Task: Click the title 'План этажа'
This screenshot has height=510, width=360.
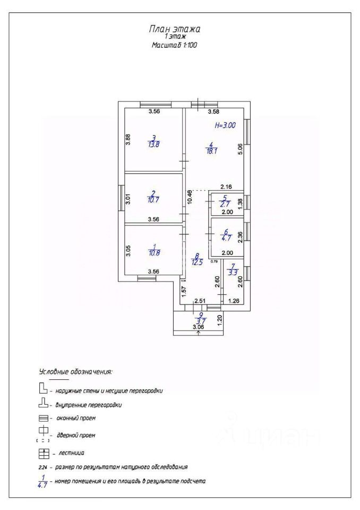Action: coord(175,29)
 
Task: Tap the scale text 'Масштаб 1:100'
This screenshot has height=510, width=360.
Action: coord(175,46)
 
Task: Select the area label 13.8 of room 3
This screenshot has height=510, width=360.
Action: coord(153,144)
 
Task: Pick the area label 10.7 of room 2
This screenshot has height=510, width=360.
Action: coord(153,200)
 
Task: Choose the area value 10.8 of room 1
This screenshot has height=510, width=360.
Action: coord(153,253)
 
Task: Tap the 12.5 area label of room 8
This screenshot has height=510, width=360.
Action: coord(197,261)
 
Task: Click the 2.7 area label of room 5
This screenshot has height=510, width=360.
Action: coord(226,203)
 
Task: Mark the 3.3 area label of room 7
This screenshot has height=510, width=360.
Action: coord(232,274)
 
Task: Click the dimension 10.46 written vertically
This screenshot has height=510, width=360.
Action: coord(190,198)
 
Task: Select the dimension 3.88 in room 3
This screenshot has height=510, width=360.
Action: coord(127,140)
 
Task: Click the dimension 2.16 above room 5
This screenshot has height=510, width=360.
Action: coord(226,186)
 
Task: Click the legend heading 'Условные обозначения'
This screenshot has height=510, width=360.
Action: coord(75,371)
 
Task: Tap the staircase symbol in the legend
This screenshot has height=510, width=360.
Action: coord(44,454)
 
